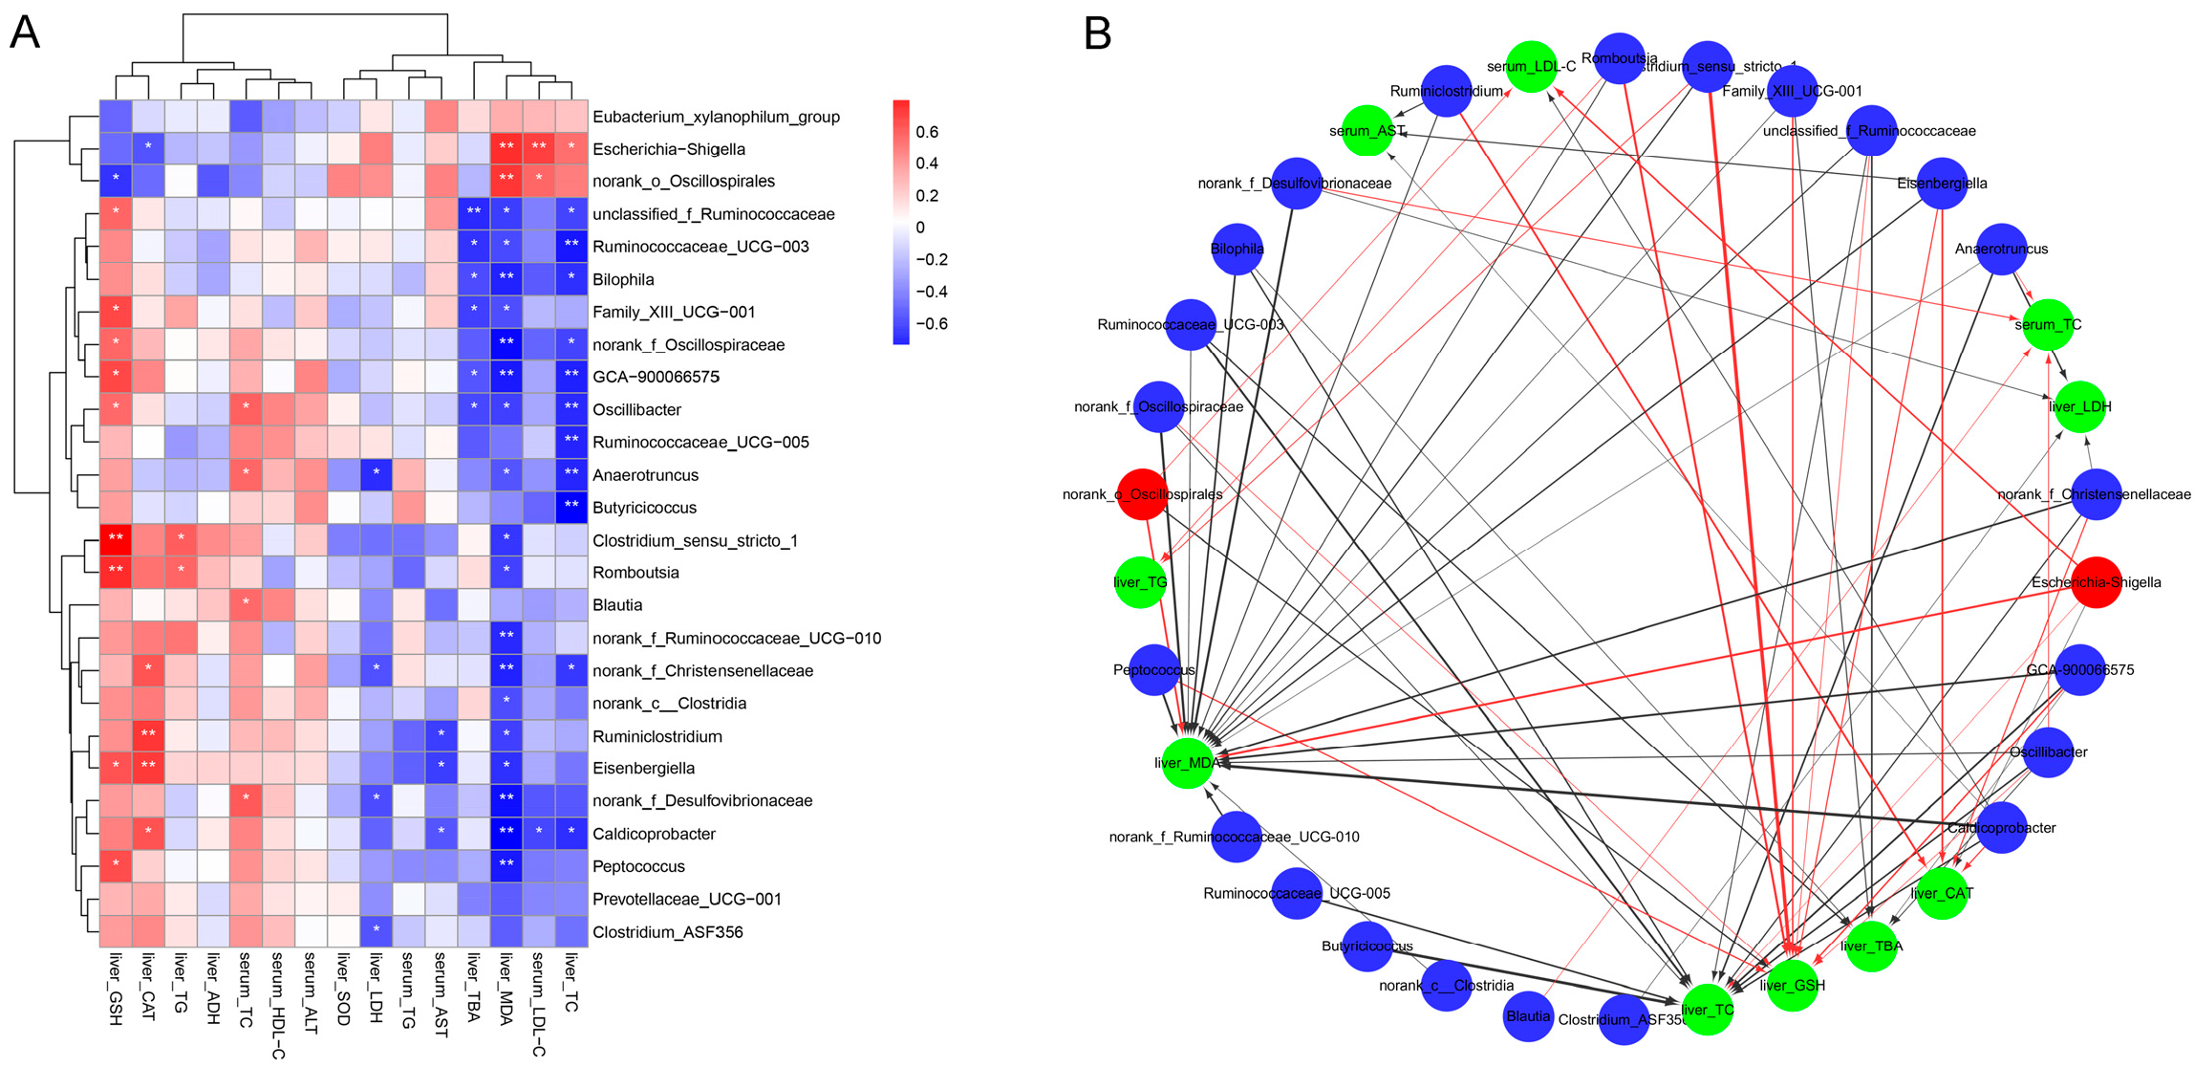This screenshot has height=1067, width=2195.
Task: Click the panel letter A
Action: pyautogui.click(x=25, y=33)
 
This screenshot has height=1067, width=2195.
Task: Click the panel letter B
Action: pyautogui.click(x=1097, y=34)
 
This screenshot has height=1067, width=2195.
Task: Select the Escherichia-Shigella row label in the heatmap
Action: pyautogui.click(x=668, y=149)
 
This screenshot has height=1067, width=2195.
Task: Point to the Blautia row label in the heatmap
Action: pyautogui.click(x=617, y=605)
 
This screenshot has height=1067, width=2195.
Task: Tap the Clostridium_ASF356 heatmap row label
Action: pyautogui.click(x=667, y=932)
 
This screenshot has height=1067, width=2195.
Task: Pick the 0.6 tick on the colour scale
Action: pyautogui.click(x=926, y=132)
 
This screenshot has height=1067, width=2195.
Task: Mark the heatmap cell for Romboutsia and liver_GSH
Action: pyautogui.click(x=116, y=572)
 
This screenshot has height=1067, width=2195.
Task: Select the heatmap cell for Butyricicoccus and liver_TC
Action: pyautogui.click(x=571, y=507)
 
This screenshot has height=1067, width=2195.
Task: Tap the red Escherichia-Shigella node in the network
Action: pyautogui.click(x=2096, y=582)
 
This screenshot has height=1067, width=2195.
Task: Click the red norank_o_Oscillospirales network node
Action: pyautogui.click(x=1143, y=494)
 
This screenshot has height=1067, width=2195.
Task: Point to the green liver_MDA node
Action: pyautogui.click(x=1188, y=763)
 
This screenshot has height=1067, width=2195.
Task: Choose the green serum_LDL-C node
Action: pyautogui.click(x=1532, y=67)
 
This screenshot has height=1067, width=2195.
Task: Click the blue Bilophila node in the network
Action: pyautogui.click(x=1237, y=249)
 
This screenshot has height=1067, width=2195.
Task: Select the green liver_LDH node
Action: pyautogui.click(x=2079, y=406)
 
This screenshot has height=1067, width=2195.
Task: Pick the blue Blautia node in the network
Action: pyautogui.click(x=1528, y=1015)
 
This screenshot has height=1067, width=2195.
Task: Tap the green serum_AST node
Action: pyautogui.click(x=1367, y=130)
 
